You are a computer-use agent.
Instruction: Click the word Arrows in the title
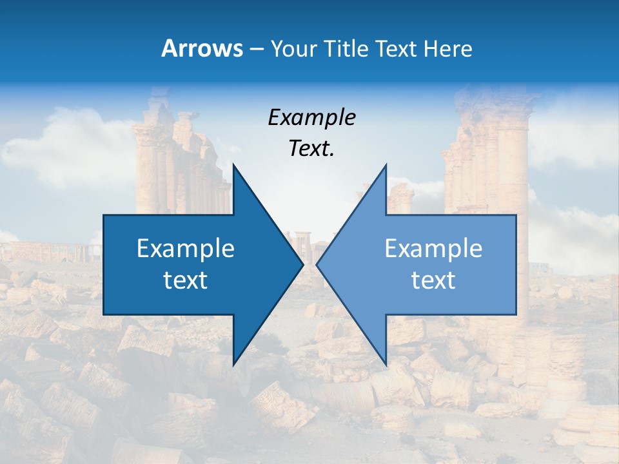tap(202, 48)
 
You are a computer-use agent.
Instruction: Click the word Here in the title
tap(447, 48)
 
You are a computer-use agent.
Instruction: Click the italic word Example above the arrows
tap(311, 118)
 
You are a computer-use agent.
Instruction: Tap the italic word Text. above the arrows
tap(311, 149)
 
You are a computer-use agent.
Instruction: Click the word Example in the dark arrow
tap(186, 248)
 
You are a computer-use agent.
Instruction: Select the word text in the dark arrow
tap(186, 280)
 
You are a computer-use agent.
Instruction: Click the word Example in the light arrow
tap(433, 248)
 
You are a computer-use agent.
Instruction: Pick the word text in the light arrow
tap(433, 280)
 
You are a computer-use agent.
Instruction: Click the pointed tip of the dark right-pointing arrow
tap(302, 264)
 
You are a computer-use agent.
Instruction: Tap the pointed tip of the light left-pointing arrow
tap(317, 264)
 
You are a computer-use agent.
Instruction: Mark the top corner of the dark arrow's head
tap(233, 166)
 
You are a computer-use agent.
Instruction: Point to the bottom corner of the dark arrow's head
tap(233, 363)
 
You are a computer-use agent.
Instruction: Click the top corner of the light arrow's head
tap(386, 166)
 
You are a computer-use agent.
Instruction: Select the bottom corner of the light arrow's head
tap(386, 363)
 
